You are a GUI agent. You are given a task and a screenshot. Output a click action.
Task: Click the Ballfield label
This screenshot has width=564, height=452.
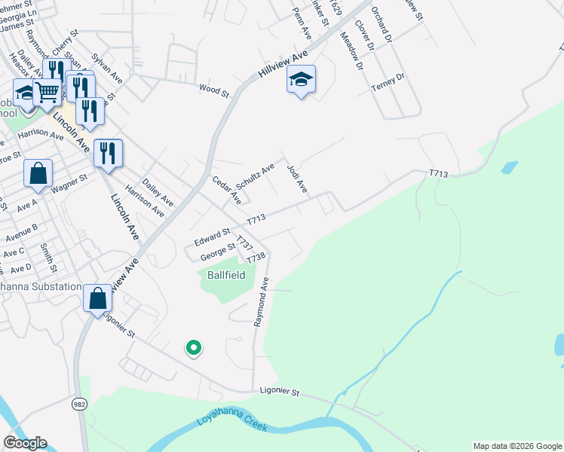[226, 276]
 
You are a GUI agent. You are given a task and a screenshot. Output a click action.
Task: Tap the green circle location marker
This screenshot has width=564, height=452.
[194, 347]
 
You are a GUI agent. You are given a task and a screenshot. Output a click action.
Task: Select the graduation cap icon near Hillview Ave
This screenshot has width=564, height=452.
[301, 79]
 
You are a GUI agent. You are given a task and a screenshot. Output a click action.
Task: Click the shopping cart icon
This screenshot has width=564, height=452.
[47, 92]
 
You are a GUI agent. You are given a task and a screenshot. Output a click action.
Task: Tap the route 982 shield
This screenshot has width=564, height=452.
[78, 405]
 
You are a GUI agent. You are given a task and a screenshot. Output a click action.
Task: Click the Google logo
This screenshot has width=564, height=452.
[25, 443]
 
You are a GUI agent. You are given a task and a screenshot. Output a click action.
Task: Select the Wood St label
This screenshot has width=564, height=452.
[213, 90]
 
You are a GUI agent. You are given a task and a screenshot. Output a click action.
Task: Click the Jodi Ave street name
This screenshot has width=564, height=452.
[297, 177]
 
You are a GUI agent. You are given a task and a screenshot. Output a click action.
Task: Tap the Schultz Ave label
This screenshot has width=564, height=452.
[255, 177]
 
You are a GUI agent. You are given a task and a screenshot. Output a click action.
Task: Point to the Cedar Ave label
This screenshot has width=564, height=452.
[226, 191]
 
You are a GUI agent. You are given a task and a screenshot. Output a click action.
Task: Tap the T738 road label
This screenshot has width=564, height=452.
[256, 258]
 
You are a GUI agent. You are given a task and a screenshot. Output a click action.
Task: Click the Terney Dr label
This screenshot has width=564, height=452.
[388, 82]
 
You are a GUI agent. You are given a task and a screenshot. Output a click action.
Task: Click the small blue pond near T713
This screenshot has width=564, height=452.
[510, 166]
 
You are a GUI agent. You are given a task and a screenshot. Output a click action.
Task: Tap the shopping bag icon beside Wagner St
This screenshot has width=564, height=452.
[38, 173]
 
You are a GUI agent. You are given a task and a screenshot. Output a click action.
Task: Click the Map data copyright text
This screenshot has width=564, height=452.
[516, 446]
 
